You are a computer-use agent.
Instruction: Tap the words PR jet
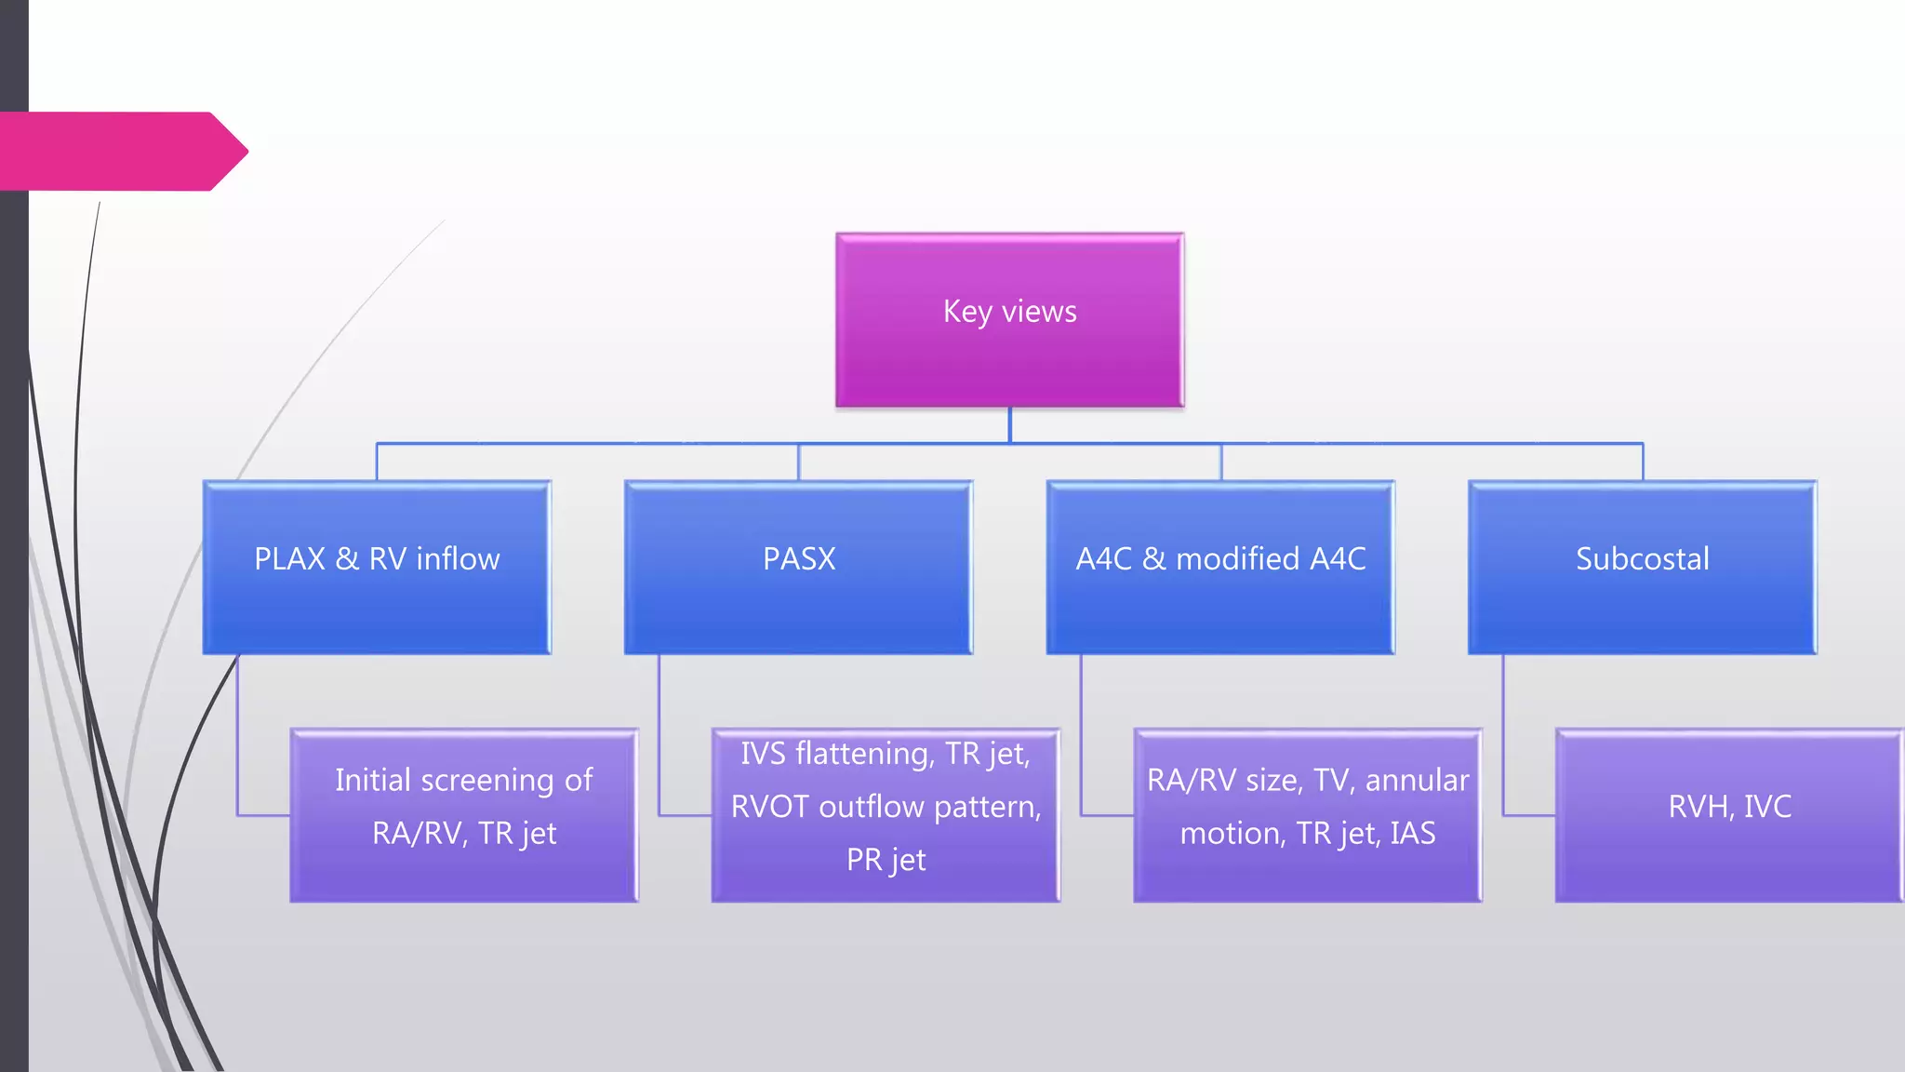point(886,860)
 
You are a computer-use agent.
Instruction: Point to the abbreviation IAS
point(1412,833)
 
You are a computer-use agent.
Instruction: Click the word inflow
point(458,559)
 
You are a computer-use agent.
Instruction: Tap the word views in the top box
point(1039,311)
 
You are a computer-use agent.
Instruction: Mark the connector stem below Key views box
point(1009,425)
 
